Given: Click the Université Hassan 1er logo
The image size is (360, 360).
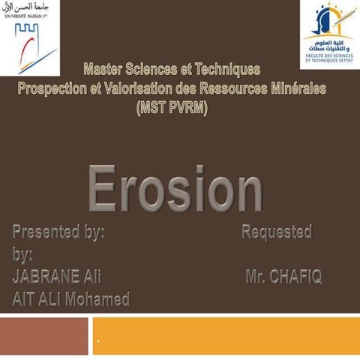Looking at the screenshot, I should pyautogui.click(x=30, y=37).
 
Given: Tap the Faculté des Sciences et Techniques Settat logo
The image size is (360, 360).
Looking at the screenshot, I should pyautogui.click(x=330, y=34).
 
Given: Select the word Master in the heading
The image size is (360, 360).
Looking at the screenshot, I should pyautogui.click(x=106, y=71).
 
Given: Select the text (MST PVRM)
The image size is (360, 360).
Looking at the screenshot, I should pyautogui.click(x=172, y=107).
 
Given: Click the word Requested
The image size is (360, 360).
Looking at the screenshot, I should pyautogui.click(x=276, y=232).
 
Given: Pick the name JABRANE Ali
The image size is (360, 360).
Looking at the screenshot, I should pyautogui.click(x=57, y=277).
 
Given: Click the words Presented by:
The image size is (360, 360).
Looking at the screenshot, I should pyautogui.click(x=58, y=232).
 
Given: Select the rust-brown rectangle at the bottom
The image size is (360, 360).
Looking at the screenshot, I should pyautogui.click(x=43, y=336).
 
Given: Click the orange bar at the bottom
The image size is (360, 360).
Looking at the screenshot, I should pyautogui.click(x=225, y=336).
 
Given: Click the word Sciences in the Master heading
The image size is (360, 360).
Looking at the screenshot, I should pyautogui.click(x=158, y=71).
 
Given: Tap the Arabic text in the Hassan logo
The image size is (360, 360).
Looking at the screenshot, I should pyautogui.click(x=30, y=7).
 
